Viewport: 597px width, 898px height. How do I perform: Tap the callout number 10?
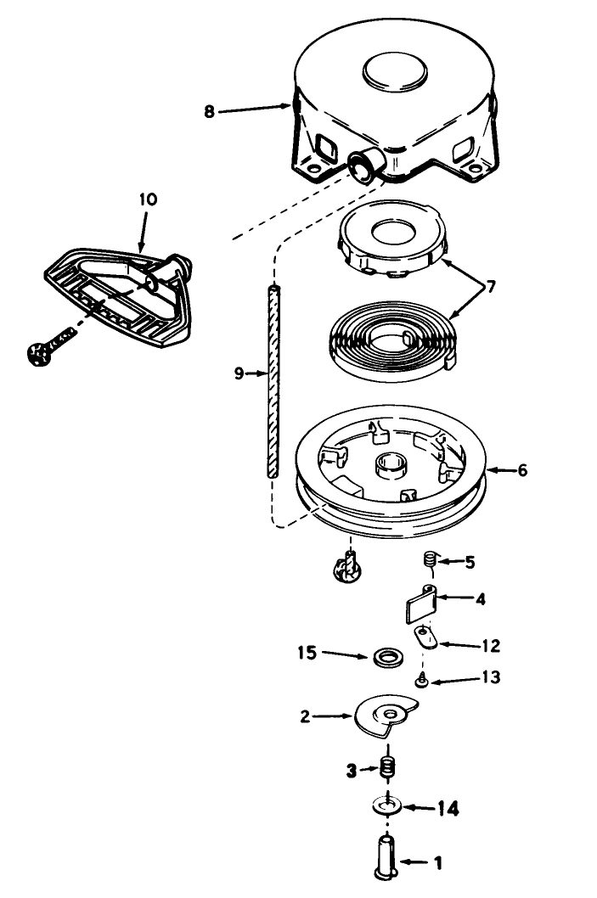[x=148, y=200]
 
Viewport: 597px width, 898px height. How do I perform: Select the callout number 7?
[x=492, y=286]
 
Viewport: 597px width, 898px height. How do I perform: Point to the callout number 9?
[x=239, y=371]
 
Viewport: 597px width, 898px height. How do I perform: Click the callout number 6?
[x=521, y=469]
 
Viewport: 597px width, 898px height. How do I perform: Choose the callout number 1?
[x=437, y=863]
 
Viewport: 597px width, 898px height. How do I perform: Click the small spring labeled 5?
[x=430, y=559]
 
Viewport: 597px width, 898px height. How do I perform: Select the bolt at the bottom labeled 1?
[x=385, y=856]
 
